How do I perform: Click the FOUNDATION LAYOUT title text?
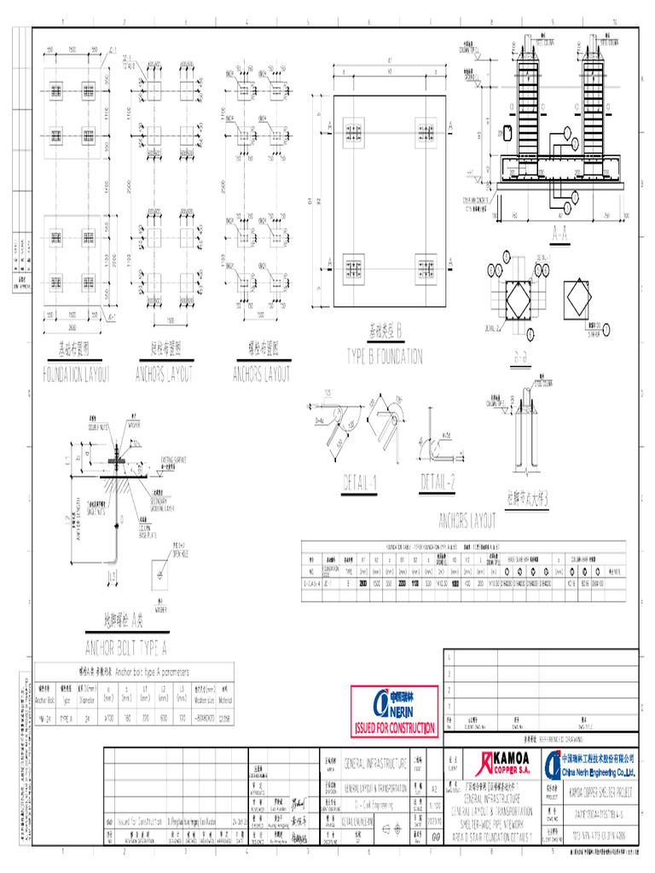[77, 373]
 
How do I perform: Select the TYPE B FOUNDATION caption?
[384, 354]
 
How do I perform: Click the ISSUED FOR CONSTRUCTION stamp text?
[394, 729]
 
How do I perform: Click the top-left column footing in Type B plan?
[354, 131]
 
